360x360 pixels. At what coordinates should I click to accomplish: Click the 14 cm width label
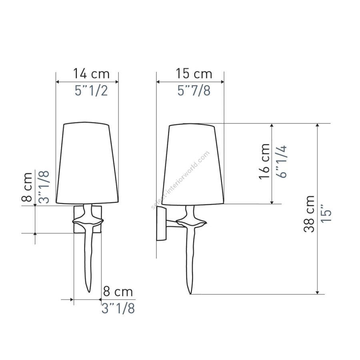(x=91, y=74)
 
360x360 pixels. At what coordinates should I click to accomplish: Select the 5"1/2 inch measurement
(x=91, y=90)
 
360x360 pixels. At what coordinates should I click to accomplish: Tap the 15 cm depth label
(x=194, y=74)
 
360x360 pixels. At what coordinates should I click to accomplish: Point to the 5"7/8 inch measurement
(x=194, y=90)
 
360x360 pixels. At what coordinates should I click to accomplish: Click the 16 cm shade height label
(x=264, y=161)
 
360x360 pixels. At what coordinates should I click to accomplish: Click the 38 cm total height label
(x=309, y=214)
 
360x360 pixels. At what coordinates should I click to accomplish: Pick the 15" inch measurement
(x=326, y=213)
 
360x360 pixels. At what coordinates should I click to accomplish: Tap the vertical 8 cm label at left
(x=27, y=187)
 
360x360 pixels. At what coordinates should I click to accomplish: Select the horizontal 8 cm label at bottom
(x=118, y=292)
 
